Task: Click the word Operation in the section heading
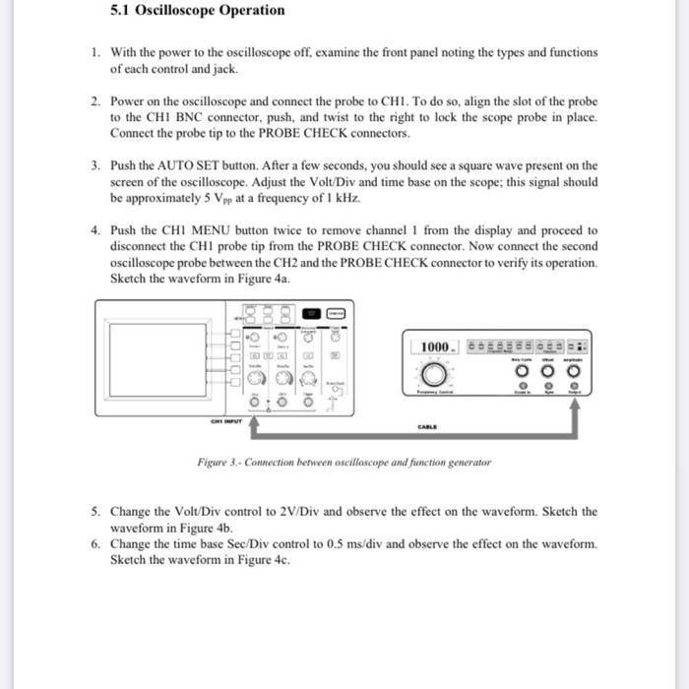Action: [x=247, y=11]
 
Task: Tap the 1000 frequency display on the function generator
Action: [x=435, y=347]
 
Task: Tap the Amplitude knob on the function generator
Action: [x=574, y=373]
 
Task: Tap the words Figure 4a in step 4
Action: [x=260, y=278]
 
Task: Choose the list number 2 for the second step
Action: [x=95, y=101]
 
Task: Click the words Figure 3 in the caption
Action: [x=216, y=462]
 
